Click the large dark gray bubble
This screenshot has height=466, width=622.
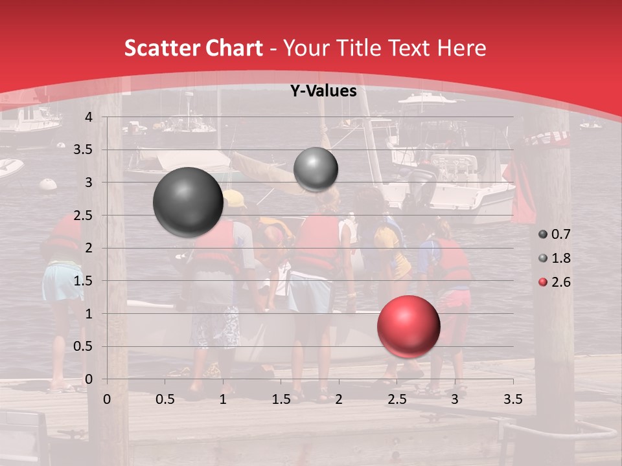point(189,202)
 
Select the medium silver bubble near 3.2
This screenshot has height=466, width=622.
point(316,169)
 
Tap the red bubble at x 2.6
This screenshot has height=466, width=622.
point(409,326)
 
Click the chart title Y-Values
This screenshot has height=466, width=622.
point(323,91)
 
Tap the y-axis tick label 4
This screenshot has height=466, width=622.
point(89,117)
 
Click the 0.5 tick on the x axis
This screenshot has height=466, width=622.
point(165,399)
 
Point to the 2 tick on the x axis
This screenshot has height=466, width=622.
point(339,399)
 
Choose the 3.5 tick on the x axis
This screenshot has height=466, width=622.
point(513,399)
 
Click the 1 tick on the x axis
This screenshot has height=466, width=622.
point(223,399)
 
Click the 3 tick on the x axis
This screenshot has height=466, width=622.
point(455,399)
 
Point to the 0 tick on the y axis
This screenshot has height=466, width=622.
point(89,379)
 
